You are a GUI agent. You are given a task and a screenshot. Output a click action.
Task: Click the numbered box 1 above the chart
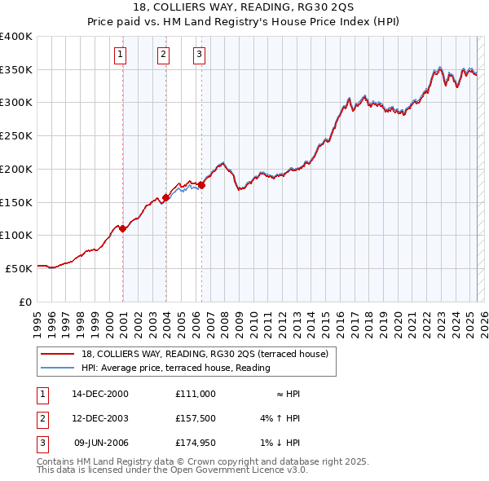(x=120, y=55)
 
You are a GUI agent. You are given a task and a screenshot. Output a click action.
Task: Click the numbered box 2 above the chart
(x=163, y=55)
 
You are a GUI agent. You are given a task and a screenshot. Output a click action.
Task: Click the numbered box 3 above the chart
(x=199, y=55)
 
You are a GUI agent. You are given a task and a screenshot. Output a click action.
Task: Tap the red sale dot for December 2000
(x=123, y=229)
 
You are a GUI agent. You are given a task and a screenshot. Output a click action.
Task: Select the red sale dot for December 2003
(x=166, y=197)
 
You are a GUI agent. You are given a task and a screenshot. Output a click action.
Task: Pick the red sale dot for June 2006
(x=201, y=186)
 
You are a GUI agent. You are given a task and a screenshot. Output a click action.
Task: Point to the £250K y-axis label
(x=16, y=136)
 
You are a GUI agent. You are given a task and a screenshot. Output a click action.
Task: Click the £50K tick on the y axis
(x=20, y=268)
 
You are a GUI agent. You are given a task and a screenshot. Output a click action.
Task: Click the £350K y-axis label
(x=16, y=70)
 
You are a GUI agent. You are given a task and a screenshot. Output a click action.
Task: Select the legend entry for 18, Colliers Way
(x=204, y=354)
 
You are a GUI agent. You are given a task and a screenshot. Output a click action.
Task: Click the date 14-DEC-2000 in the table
(x=100, y=394)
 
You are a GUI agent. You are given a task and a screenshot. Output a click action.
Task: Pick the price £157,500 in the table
(x=195, y=419)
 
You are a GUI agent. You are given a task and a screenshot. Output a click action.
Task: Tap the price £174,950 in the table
(x=195, y=444)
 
